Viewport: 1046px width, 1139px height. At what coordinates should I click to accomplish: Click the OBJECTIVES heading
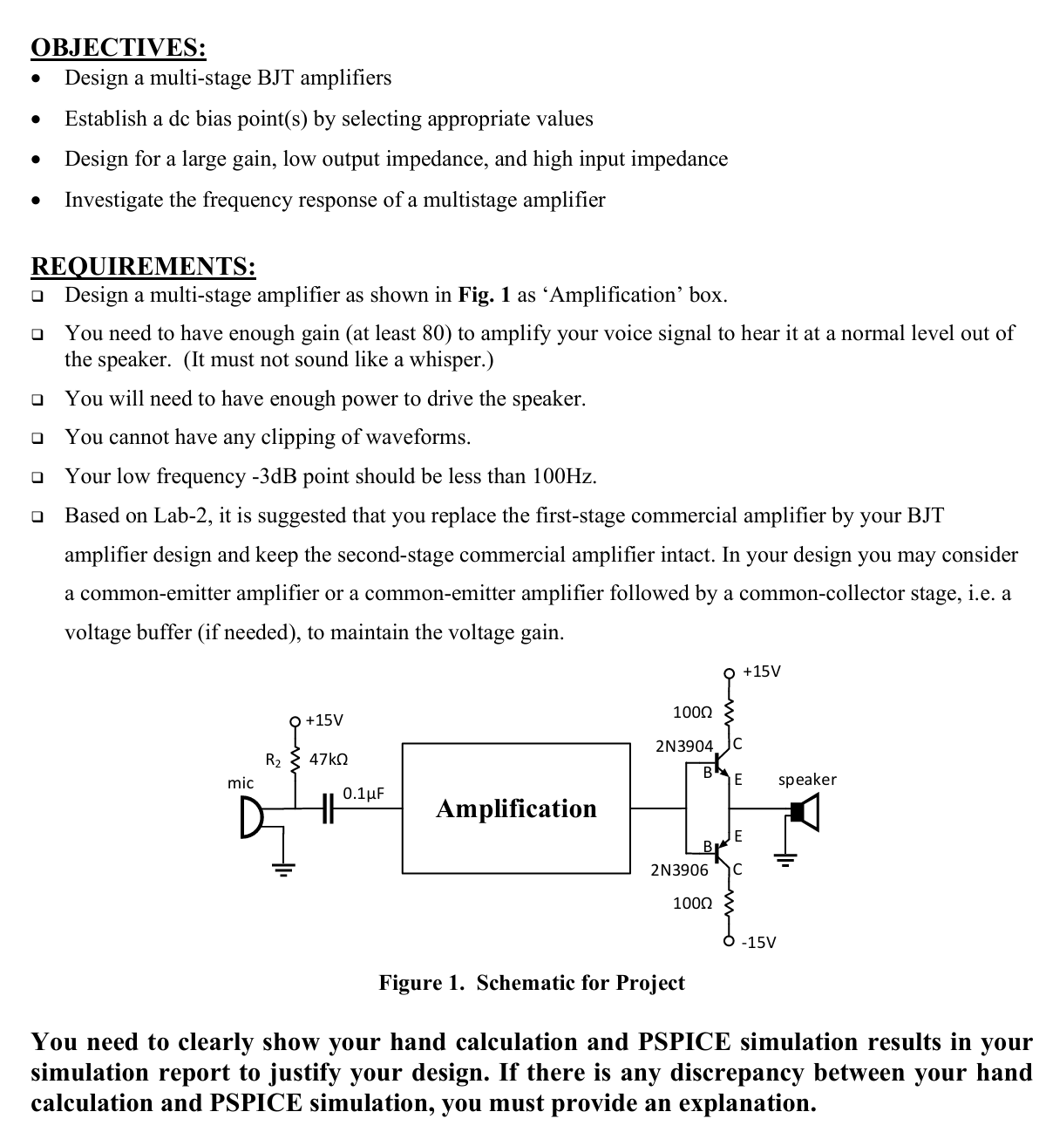pos(119,47)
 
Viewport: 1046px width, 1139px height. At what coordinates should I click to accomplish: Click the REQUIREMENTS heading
pos(143,265)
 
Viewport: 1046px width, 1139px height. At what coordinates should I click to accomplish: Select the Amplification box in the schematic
pos(516,808)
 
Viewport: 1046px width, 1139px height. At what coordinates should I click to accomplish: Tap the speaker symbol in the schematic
pos(804,814)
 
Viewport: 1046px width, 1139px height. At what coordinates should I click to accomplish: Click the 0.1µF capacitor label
pos(363,794)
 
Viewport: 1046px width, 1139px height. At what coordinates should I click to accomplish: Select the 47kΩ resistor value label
pos(329,759)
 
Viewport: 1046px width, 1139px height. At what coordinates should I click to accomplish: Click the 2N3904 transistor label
pos(683,747)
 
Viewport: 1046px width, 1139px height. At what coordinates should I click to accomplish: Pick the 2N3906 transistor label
pos(679,870)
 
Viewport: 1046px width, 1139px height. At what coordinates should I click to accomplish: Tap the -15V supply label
pos(758,943)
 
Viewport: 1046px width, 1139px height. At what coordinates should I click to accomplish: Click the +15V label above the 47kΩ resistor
pos(323,720)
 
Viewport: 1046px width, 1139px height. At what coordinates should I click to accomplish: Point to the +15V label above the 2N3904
pos(762,671)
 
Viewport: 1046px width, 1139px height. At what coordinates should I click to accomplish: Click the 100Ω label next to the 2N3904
pos(693,713)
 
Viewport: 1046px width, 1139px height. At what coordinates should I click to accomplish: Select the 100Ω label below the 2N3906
pos(692,903)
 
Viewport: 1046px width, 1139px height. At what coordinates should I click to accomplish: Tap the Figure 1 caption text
pos(532,983)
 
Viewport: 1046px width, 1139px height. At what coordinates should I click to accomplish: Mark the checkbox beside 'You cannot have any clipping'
pos(37,438)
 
